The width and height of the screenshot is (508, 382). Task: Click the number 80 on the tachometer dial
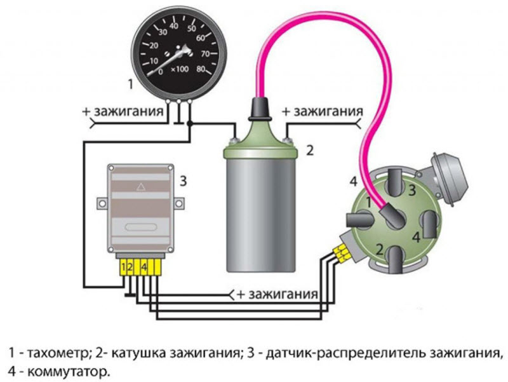coord(201,69)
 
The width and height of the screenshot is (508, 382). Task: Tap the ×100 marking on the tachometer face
coord(180,69)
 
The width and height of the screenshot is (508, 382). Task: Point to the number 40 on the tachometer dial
coord(174,26)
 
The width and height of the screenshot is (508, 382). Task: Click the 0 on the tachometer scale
coord(161,72)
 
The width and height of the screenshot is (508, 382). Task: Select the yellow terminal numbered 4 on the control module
coord(144,267)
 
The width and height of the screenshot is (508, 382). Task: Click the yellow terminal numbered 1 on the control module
coord(123,267)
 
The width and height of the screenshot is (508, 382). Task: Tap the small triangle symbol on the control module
coord(140,187)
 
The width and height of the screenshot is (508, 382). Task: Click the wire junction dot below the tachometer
coord(190,123)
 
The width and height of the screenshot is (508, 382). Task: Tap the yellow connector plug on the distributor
coord(341,252)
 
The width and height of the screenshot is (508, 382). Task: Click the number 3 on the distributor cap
coord(411,190)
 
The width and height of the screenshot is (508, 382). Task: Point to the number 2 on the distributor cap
coord(380,250)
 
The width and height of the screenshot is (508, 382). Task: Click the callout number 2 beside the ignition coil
coord(310,151)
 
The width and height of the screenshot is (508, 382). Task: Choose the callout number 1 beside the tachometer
coord(131,85)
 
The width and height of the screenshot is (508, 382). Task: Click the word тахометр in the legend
coord(58,353)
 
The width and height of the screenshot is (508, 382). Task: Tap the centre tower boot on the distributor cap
coord(392,218)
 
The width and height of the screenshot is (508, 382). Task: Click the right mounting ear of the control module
coord(178,203)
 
